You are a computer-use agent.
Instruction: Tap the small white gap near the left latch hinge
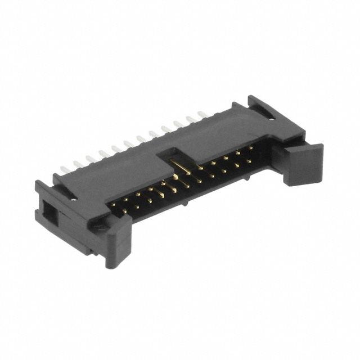click(x=74, y=198)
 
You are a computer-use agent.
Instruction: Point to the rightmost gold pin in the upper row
click(x=250, y=147)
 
